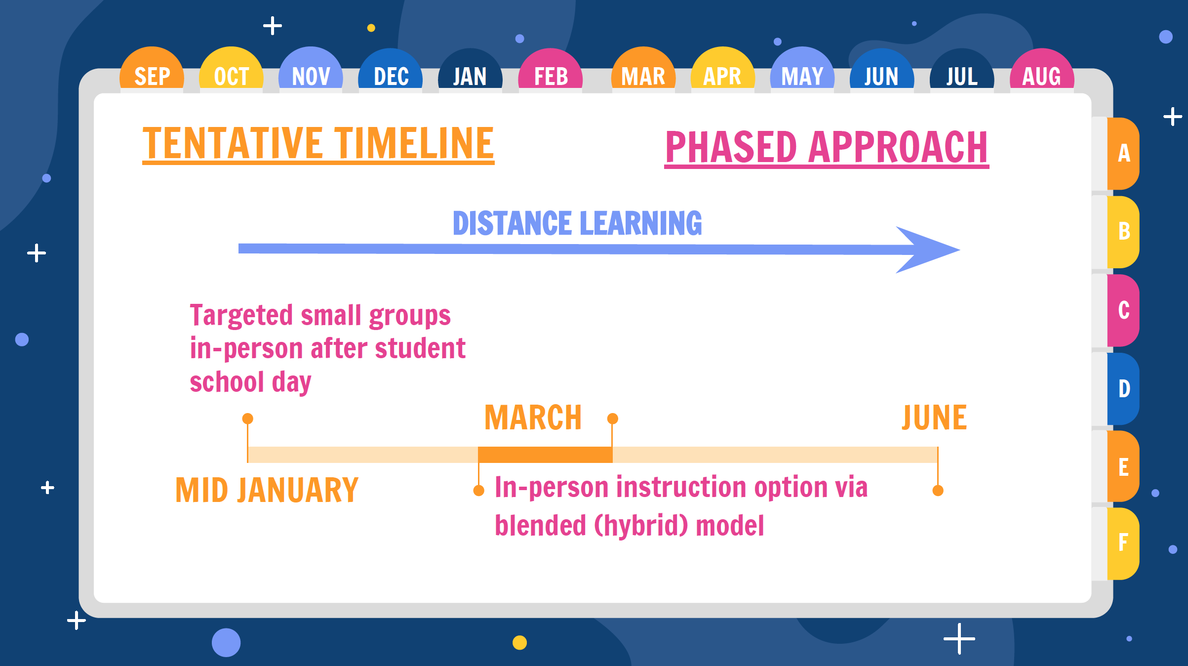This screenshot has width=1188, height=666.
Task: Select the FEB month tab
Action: pos(550,69)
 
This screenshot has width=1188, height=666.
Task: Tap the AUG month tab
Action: pos(1042,69)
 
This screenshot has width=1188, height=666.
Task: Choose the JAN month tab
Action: pos(470,69)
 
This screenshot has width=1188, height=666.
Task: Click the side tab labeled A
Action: pos(1123,153)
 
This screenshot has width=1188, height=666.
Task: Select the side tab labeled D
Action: pos(1123,388)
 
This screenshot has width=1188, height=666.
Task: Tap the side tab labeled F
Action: pos(1123,543)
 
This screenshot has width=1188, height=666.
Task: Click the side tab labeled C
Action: pos(1123,310)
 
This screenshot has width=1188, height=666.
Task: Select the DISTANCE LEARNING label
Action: pos(577,223)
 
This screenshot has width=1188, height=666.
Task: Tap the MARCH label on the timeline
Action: pos(533,417)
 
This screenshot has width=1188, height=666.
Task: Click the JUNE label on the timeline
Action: pos(934,417)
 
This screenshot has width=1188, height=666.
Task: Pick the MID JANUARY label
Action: pos(267,490)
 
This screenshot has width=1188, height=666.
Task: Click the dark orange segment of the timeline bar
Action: pos(545,455)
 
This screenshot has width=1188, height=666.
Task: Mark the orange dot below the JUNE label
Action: pos(938,491)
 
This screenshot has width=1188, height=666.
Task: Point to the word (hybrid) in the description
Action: pos(641,525)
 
